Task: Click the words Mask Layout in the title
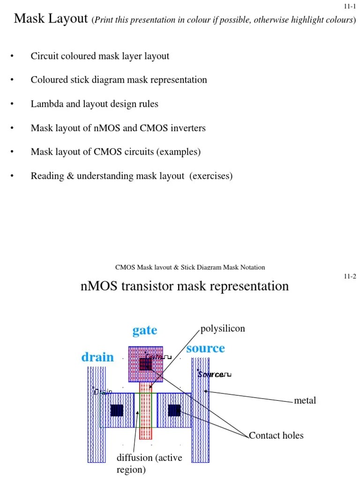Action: point(51,19)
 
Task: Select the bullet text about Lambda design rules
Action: point(94,104)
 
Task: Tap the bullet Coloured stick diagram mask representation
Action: point(119,80)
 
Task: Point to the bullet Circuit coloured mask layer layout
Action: point(100,56)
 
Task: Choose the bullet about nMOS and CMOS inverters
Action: point(118,128)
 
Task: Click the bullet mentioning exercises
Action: point(131,176)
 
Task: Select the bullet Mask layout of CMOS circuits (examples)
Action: point(115,152)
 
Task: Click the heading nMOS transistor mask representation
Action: point(185,286)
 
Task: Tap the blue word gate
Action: point(144,330)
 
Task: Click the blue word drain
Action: point(97,357)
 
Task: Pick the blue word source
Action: point(205,348)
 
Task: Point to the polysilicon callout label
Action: point(223,329)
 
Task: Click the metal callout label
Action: point(305,401)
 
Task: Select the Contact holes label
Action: point(276,435)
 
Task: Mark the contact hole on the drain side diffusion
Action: point(117,411)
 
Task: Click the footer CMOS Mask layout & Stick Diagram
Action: point(190,267)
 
